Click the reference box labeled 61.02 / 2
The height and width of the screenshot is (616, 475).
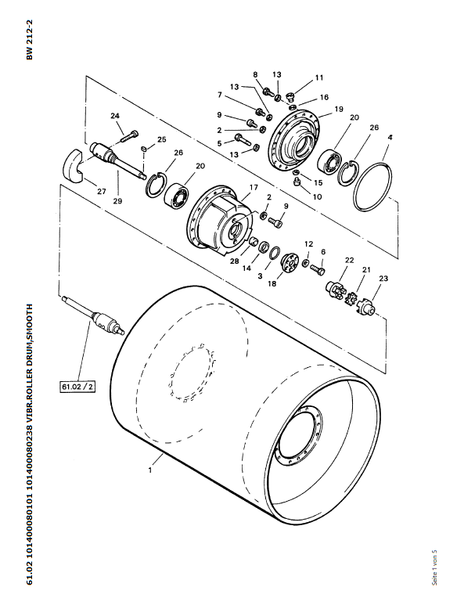pyautogui.click(x=77, y=386)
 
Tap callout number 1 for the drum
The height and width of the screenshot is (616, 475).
pyautogui.click(x=149, y=470)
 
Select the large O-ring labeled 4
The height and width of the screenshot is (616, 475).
pyautogui.click(x=372, y=186)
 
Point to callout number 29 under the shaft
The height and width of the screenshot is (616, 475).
pyautogui.click(x=117, y=200)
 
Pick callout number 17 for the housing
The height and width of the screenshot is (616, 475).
pyautogui.click(x=254, y=187)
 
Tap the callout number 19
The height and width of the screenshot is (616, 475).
pyautogui.click(x=339, y=109)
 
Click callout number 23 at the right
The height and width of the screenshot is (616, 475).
pyautogui.click(x=383, y=278)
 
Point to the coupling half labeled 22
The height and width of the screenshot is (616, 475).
pyautogui.click(x=334, y=290)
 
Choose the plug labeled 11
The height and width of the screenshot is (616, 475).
pyautogui.click(x=292, y=95)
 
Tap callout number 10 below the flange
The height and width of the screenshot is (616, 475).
pyautogui.click(x=317, y=196)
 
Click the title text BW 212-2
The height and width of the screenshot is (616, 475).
pyautogui.click(x=30, y=40)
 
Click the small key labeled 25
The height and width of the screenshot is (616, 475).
pyautogui.click(x=144, y=149)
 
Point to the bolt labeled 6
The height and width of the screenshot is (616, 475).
pyautogui.click(x=318, y=269)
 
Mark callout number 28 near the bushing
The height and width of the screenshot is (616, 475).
pyautogui.click(x=235, y=261)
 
